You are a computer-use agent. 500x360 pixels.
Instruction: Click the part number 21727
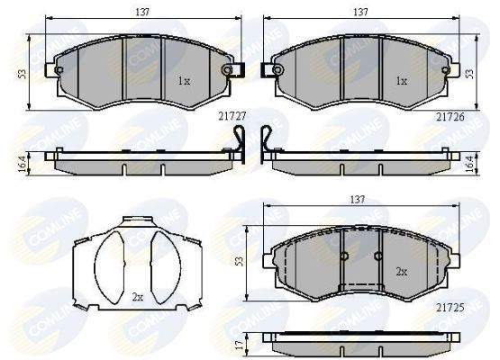(232, 115)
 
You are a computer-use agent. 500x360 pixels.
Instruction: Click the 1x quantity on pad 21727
(184, 81)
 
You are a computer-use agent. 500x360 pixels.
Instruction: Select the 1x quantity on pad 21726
(402, 81)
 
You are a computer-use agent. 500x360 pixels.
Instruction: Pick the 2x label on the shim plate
(138, 296)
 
